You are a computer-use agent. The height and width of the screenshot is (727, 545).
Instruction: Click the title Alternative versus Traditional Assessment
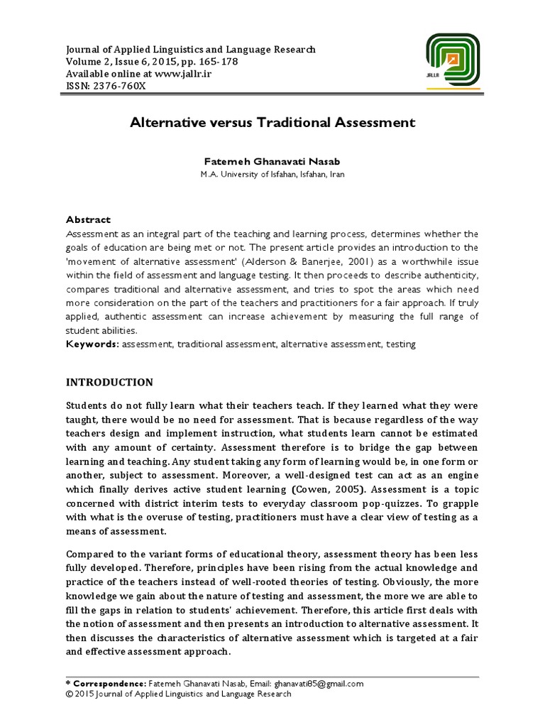[x=272, y=123]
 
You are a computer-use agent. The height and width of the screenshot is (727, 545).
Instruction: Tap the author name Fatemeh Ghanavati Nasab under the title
[x=272, y=161]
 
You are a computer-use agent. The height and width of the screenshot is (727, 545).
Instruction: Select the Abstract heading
[x=89, y=220]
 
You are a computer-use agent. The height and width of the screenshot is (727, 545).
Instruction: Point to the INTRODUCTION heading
[x=109, y=382]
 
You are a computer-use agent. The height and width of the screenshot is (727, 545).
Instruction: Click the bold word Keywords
[x=92, y=344]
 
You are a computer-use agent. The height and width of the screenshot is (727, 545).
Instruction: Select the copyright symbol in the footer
[x=69, y=694]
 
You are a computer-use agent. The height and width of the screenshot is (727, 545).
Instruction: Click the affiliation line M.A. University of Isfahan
[x=272, y=175]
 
